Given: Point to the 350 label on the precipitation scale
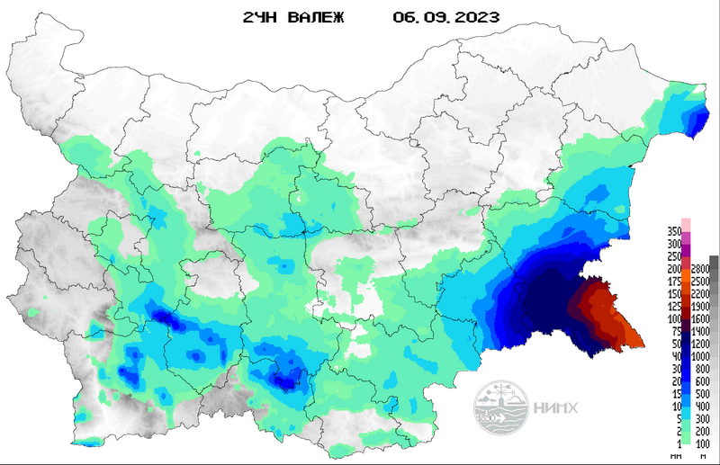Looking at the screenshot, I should point(672,231).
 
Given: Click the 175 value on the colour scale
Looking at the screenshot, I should point(672,282).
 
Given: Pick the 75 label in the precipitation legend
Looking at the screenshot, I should point(675,332).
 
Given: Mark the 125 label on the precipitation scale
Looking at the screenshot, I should point(672,307).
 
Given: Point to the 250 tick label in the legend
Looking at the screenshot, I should point(672,256).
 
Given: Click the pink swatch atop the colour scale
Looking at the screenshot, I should point(685,222).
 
